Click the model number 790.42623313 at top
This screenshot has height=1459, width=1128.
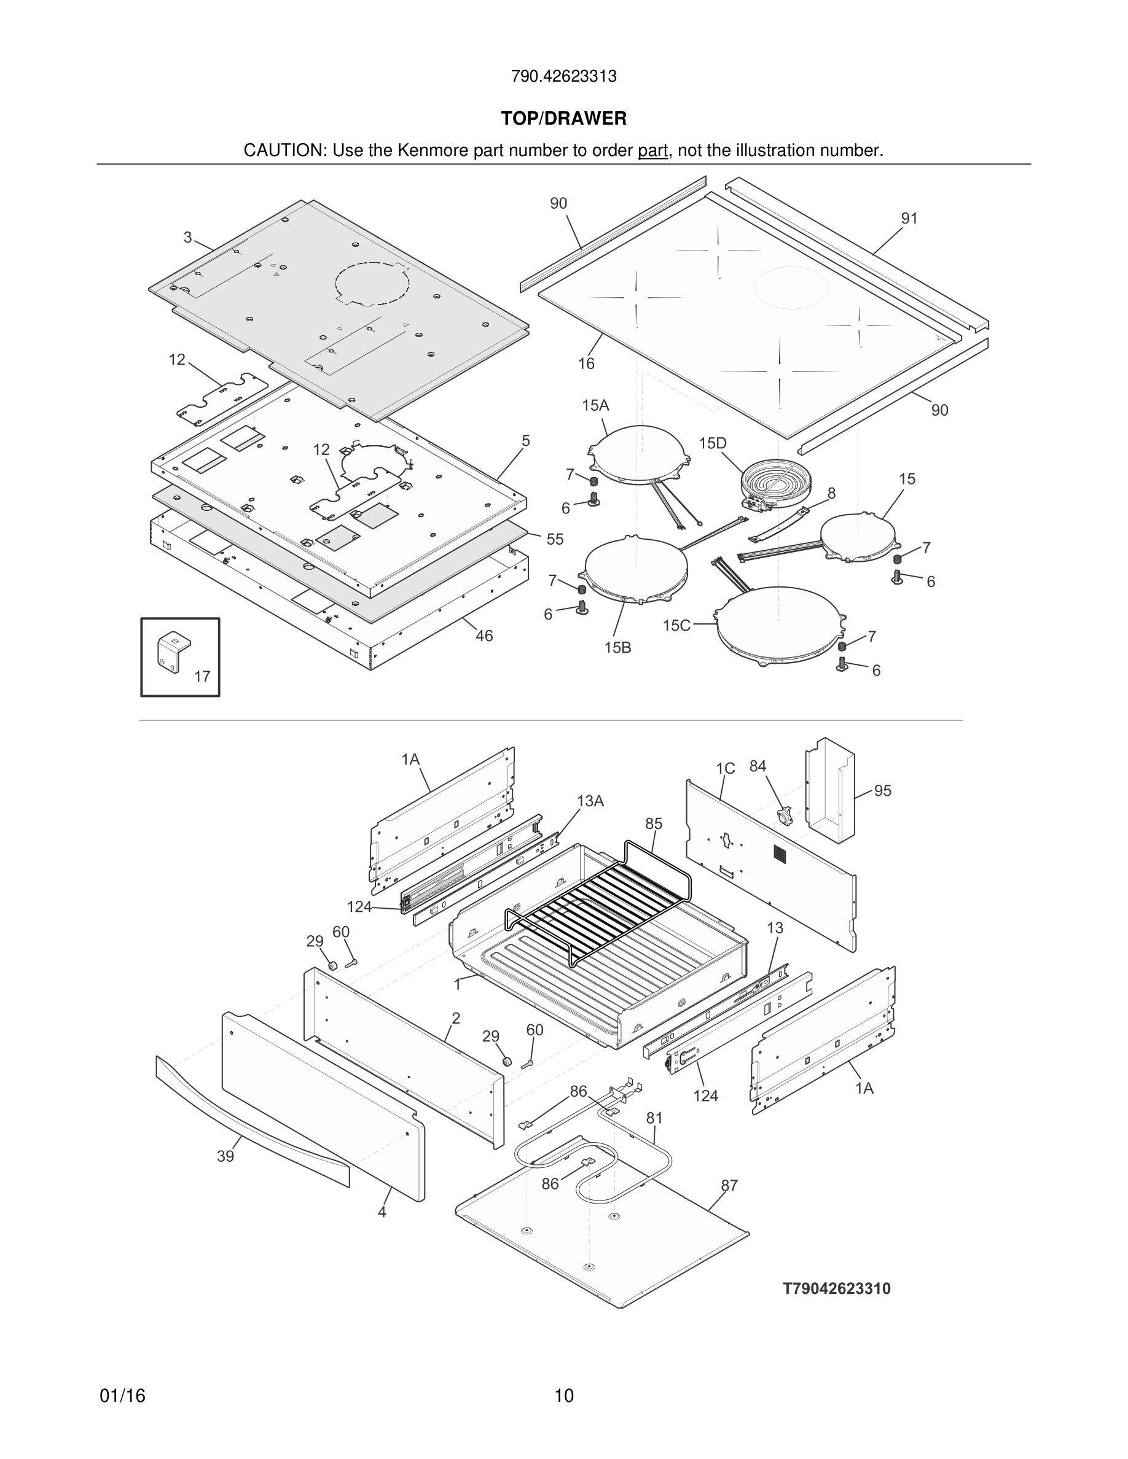[x=563, y=77]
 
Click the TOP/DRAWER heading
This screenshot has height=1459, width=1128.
[x=563, y=119]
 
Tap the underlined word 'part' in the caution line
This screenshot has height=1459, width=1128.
[x=652, y=151]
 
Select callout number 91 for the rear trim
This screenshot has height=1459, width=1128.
[x=909, y=219]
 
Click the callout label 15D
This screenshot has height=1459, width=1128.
[x=712, y=443]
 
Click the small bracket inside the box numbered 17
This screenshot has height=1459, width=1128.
[x=173, y=652]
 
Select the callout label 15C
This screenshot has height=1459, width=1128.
[x=676, y=625]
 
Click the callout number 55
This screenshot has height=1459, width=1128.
[x=555, y=539]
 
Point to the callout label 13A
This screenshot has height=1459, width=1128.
[x=590, y=801]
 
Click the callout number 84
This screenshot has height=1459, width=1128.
[x=757, y=766]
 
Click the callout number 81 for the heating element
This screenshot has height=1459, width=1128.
[x=654, y=1118]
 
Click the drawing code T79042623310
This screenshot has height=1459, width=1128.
[x=837, y=1289]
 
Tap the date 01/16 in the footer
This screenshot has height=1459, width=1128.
[x=122, y=1396]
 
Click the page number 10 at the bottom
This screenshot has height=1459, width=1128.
[x=563, y=1396]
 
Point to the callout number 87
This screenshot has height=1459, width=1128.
[x=729, y=1186]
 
